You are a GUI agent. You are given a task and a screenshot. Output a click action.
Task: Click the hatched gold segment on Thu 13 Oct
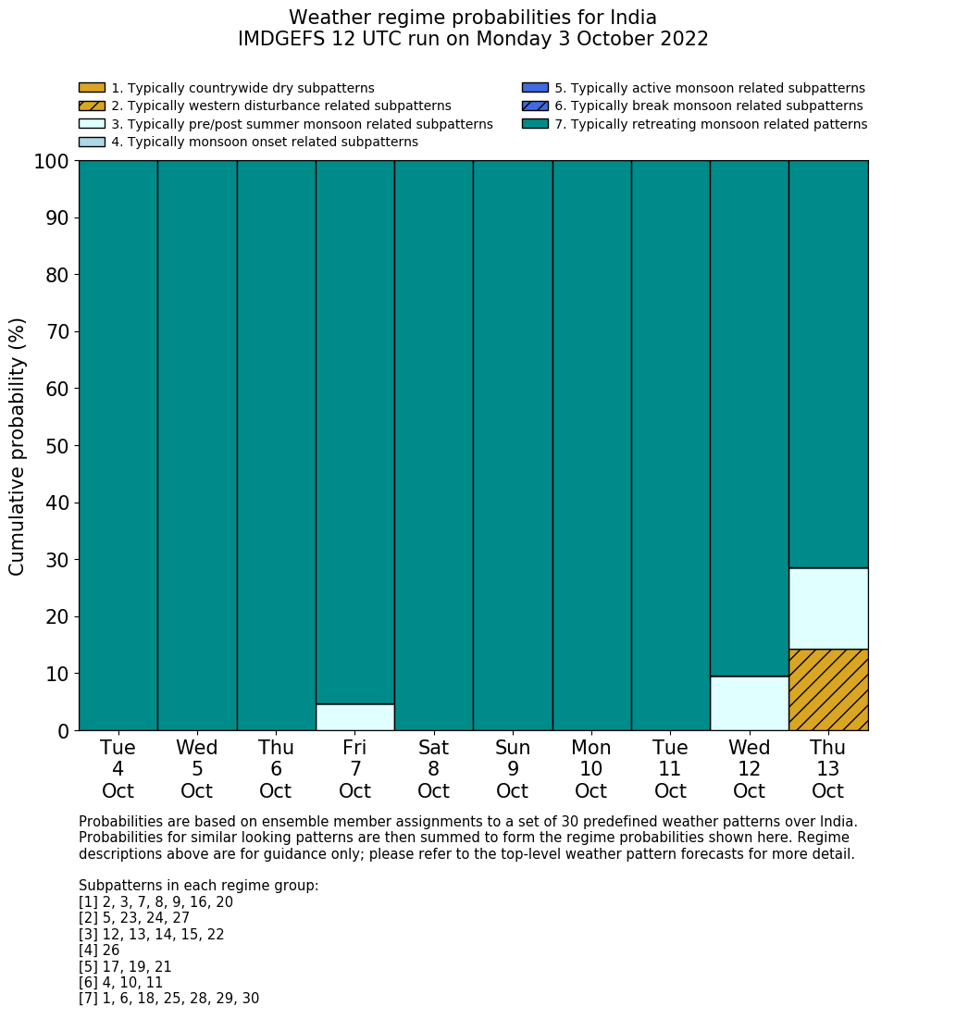coord(828,689)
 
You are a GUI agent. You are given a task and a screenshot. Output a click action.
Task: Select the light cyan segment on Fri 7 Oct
coord(355,717)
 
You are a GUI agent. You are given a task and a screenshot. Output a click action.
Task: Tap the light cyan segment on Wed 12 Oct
coord(749,703)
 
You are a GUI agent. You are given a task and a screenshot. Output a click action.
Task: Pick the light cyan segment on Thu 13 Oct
coord(828,608)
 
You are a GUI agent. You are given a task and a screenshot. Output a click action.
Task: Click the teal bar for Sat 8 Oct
coord(434,445)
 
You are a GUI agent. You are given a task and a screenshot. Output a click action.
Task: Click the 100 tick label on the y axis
coord(52,162)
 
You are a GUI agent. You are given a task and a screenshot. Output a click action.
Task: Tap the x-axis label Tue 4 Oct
coord(118,769)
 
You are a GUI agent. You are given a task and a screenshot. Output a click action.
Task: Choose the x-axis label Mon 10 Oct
coord(591,769)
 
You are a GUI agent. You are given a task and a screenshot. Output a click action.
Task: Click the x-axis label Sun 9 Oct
coord(513,769)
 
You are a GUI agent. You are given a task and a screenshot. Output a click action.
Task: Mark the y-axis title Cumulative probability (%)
coord(18,446)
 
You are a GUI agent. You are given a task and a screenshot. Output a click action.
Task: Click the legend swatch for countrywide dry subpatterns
coord(92,88)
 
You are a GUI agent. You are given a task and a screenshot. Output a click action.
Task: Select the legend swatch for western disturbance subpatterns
coord(92,106)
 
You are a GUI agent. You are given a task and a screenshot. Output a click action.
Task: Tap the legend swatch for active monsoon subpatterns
coord(535,88)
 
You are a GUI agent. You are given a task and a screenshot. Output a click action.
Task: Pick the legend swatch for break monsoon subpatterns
coord(535,106)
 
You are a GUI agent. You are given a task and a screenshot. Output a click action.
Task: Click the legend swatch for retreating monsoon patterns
coord(535,124)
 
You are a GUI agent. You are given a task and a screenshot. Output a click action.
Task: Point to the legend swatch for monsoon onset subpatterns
coord(92,142)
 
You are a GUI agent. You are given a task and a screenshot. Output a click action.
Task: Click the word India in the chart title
coord(628,18)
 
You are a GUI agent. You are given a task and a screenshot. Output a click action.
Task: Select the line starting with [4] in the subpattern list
coord(99,950)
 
